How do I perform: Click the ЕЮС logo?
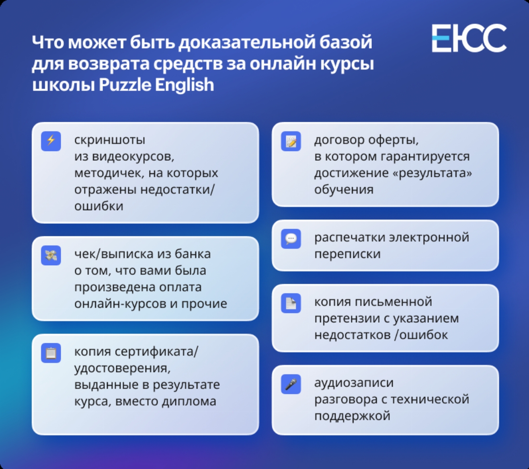click(x=469, y=39)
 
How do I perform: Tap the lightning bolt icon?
click(x=51, y=141)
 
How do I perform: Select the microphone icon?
click(x=291, y=384)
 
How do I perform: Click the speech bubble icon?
click(x=291, y=239)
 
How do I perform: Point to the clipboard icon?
click(x=51, y=353)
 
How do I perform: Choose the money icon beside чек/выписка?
click(x=51, y=255)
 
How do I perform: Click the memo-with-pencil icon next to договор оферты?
click(x=291, y=141)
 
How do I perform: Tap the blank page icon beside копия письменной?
click(x=291, y=303)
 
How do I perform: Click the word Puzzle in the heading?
click(x=125, y=85)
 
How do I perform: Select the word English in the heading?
click(x=185, y=85)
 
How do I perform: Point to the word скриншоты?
click(x=110, y=140)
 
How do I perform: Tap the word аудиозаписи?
click(x=354, y=383)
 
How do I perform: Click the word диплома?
click(x=189, y=401)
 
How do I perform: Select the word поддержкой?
click(x=352, y=416)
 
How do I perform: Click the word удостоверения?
click(x=123, y=369)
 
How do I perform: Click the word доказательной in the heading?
click(x=247, y=43)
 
